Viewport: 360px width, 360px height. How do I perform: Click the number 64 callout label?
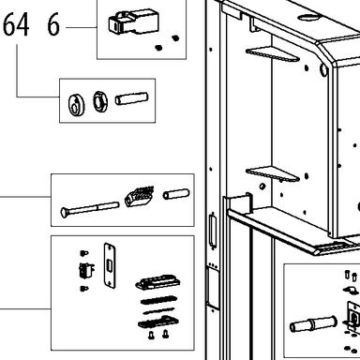(16, 24)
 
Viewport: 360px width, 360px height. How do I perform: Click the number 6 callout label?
(53, 25)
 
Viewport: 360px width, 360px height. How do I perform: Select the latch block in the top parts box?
(133, 22)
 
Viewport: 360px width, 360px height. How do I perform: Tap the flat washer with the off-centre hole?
(76, 104)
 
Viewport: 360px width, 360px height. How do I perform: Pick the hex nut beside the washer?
(100, 101)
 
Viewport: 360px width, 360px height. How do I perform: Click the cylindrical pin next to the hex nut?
(131, 98)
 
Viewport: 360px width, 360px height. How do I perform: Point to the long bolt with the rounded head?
(90, 209)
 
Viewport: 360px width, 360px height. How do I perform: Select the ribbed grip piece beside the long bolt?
(140, 197)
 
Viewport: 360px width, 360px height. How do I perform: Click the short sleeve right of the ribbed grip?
(176, 194)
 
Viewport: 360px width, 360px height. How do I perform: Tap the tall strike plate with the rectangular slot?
(110, 265)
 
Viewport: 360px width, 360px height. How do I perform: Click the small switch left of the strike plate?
(86, 271)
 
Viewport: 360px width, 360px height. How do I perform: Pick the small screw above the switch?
(83, 252)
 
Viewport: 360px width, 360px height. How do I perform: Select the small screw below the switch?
(83, 289)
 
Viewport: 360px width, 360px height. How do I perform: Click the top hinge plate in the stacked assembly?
(157, 282)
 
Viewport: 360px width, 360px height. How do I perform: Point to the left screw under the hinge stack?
(151, 335)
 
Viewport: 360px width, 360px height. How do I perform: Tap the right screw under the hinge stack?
(166, 335)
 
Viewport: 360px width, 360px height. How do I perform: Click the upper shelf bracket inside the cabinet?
(273, 54)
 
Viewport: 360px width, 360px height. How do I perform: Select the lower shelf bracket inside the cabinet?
(273, 173)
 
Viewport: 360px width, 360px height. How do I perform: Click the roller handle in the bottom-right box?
(313, 324)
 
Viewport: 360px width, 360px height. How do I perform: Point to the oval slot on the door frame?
(214, 232)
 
